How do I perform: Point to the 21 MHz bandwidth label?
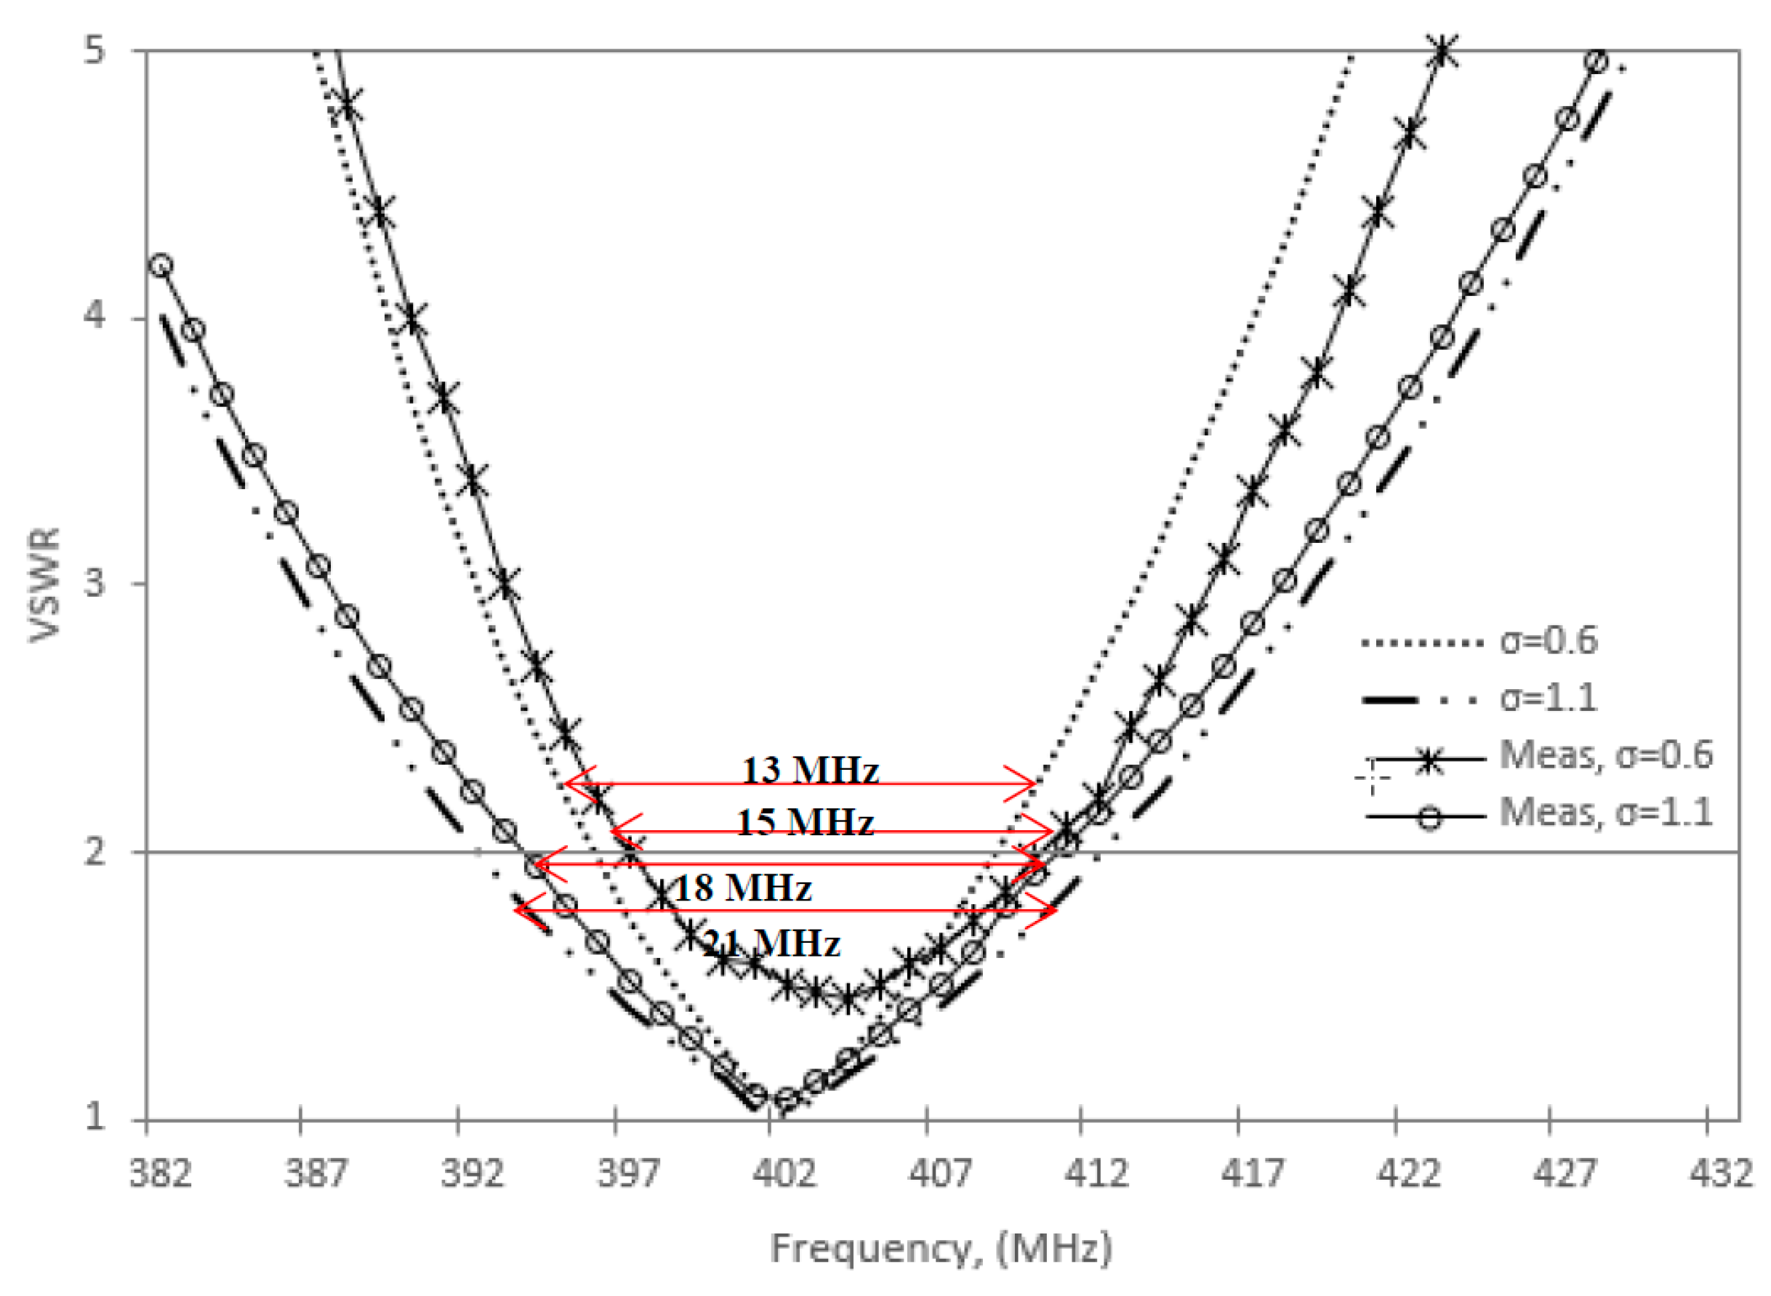click(771, 942)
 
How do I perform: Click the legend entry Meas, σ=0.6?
click(1605, 754)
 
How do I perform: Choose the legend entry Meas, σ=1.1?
click(1605, 812)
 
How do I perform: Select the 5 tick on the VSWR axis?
click(95, 52)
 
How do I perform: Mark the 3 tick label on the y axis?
click(95, 583)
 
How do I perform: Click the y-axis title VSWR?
click(45, 584)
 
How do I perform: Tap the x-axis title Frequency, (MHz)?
click(941, 1248)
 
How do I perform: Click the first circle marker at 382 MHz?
click(161, 265)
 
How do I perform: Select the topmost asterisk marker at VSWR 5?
click(1443, 52)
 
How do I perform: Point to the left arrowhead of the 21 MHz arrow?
click(518, 910)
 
